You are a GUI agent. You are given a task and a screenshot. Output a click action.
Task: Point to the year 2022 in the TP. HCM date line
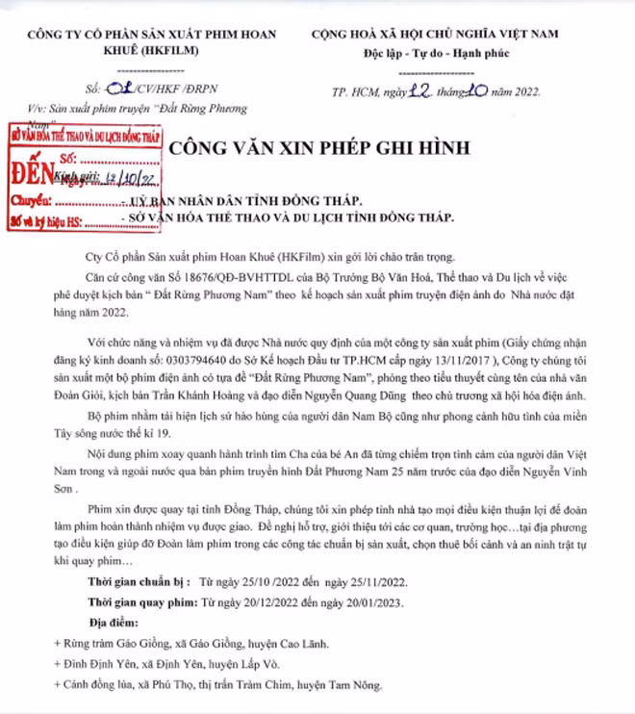521,92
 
